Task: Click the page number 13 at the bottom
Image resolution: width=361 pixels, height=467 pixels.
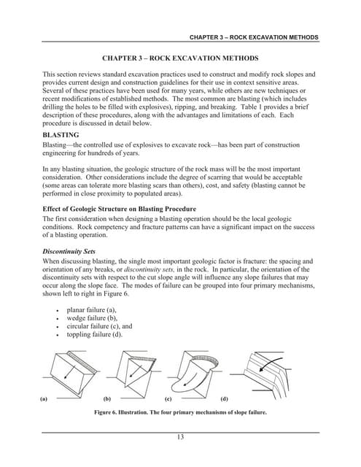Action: click(180, 437)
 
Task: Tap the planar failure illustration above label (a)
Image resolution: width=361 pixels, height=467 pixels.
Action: click(64, 373)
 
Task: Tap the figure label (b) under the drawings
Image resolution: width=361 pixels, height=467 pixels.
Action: click(107, 400)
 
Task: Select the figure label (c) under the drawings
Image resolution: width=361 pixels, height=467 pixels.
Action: click(168, 400)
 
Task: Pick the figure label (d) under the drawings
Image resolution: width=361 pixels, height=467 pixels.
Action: click(223, 400)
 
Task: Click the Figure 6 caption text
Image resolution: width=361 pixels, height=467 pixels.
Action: click(180, 412)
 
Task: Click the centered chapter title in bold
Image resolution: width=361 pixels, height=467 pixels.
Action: click(180, 57)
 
